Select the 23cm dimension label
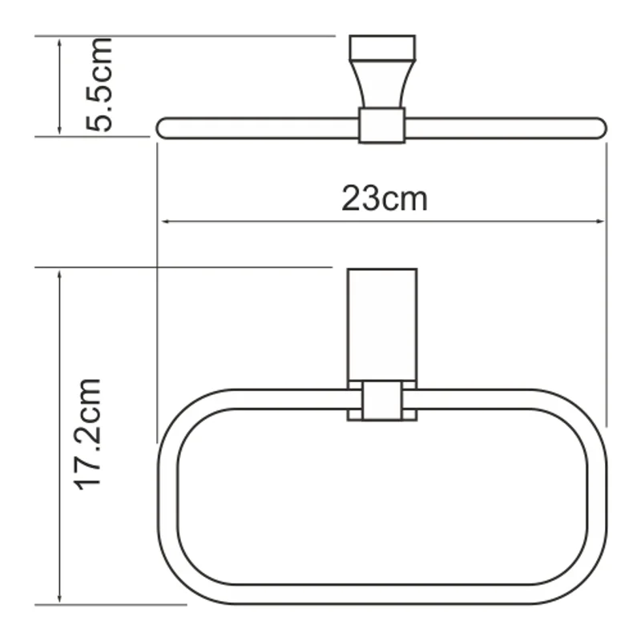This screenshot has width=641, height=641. click(385, 198)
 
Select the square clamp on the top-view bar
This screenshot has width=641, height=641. click(381, 126)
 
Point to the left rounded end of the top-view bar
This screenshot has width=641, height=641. click(165, 128)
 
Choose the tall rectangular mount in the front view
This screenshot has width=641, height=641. click(381, 324)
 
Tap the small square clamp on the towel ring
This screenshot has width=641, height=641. click(381, 401)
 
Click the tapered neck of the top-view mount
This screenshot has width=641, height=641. click(382, 84)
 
